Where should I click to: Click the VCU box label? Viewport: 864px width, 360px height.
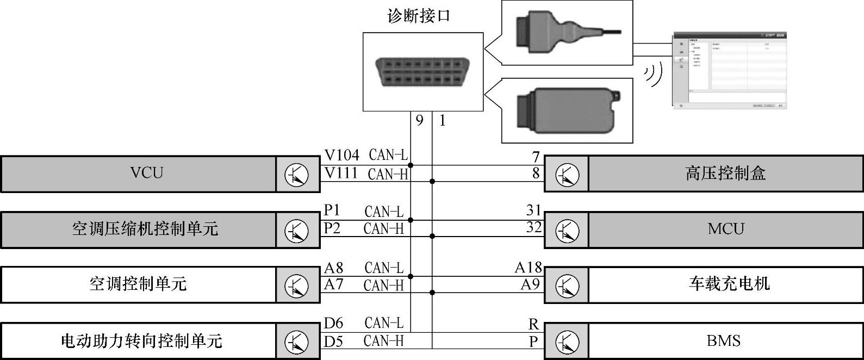147,173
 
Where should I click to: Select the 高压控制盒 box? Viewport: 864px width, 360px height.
725,173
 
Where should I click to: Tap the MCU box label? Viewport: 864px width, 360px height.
725,228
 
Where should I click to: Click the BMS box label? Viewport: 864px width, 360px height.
723,341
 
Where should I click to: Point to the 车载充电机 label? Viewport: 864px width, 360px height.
729,284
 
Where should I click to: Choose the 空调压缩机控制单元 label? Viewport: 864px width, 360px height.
145,228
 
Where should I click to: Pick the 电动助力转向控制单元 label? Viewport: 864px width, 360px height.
141,341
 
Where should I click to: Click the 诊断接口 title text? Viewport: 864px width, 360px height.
419,16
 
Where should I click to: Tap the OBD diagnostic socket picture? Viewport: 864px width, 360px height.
423,72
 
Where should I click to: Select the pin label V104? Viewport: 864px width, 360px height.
341,156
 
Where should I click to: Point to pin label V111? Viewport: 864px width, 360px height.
341,173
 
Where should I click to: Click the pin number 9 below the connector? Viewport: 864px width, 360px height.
419,120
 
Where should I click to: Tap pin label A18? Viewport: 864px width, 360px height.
529,268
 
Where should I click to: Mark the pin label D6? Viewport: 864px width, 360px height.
333,324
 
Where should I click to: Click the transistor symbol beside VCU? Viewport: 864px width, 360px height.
296,175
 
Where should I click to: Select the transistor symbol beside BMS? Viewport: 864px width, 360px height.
567,342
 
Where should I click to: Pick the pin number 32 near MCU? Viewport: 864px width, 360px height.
534,227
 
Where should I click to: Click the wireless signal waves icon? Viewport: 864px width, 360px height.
654,75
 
